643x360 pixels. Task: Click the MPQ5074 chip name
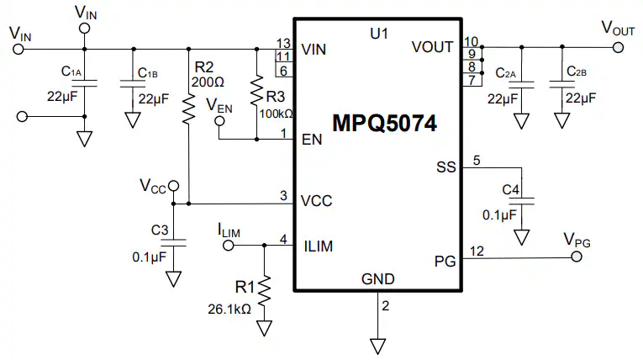coord(384,123)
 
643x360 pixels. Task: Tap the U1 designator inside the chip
coord(379,34)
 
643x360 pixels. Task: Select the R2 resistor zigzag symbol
coord(188,109)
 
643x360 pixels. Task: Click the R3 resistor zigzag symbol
coord(256,91)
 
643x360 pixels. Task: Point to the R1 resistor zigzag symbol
coord(265,291)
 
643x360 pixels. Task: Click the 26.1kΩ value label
coord(229,309)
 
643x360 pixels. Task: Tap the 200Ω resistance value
coord(208,82)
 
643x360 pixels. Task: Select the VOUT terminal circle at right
coord(618,48)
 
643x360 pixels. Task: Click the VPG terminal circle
coord(577,257)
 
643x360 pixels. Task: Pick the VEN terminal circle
coord(220,120)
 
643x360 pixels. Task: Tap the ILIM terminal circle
coord(228,246)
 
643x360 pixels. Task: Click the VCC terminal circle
coord(174,186)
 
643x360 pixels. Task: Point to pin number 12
coord(477,251)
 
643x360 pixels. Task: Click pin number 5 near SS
coord(477,160)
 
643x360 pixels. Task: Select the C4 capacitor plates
coord(522,201)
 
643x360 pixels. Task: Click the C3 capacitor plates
coord(173,243)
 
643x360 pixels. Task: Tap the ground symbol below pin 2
coord(377,346)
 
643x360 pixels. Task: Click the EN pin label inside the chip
coord(312,140)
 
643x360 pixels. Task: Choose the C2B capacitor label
coord(577,71)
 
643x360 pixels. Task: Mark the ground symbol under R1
coord(265,328)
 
